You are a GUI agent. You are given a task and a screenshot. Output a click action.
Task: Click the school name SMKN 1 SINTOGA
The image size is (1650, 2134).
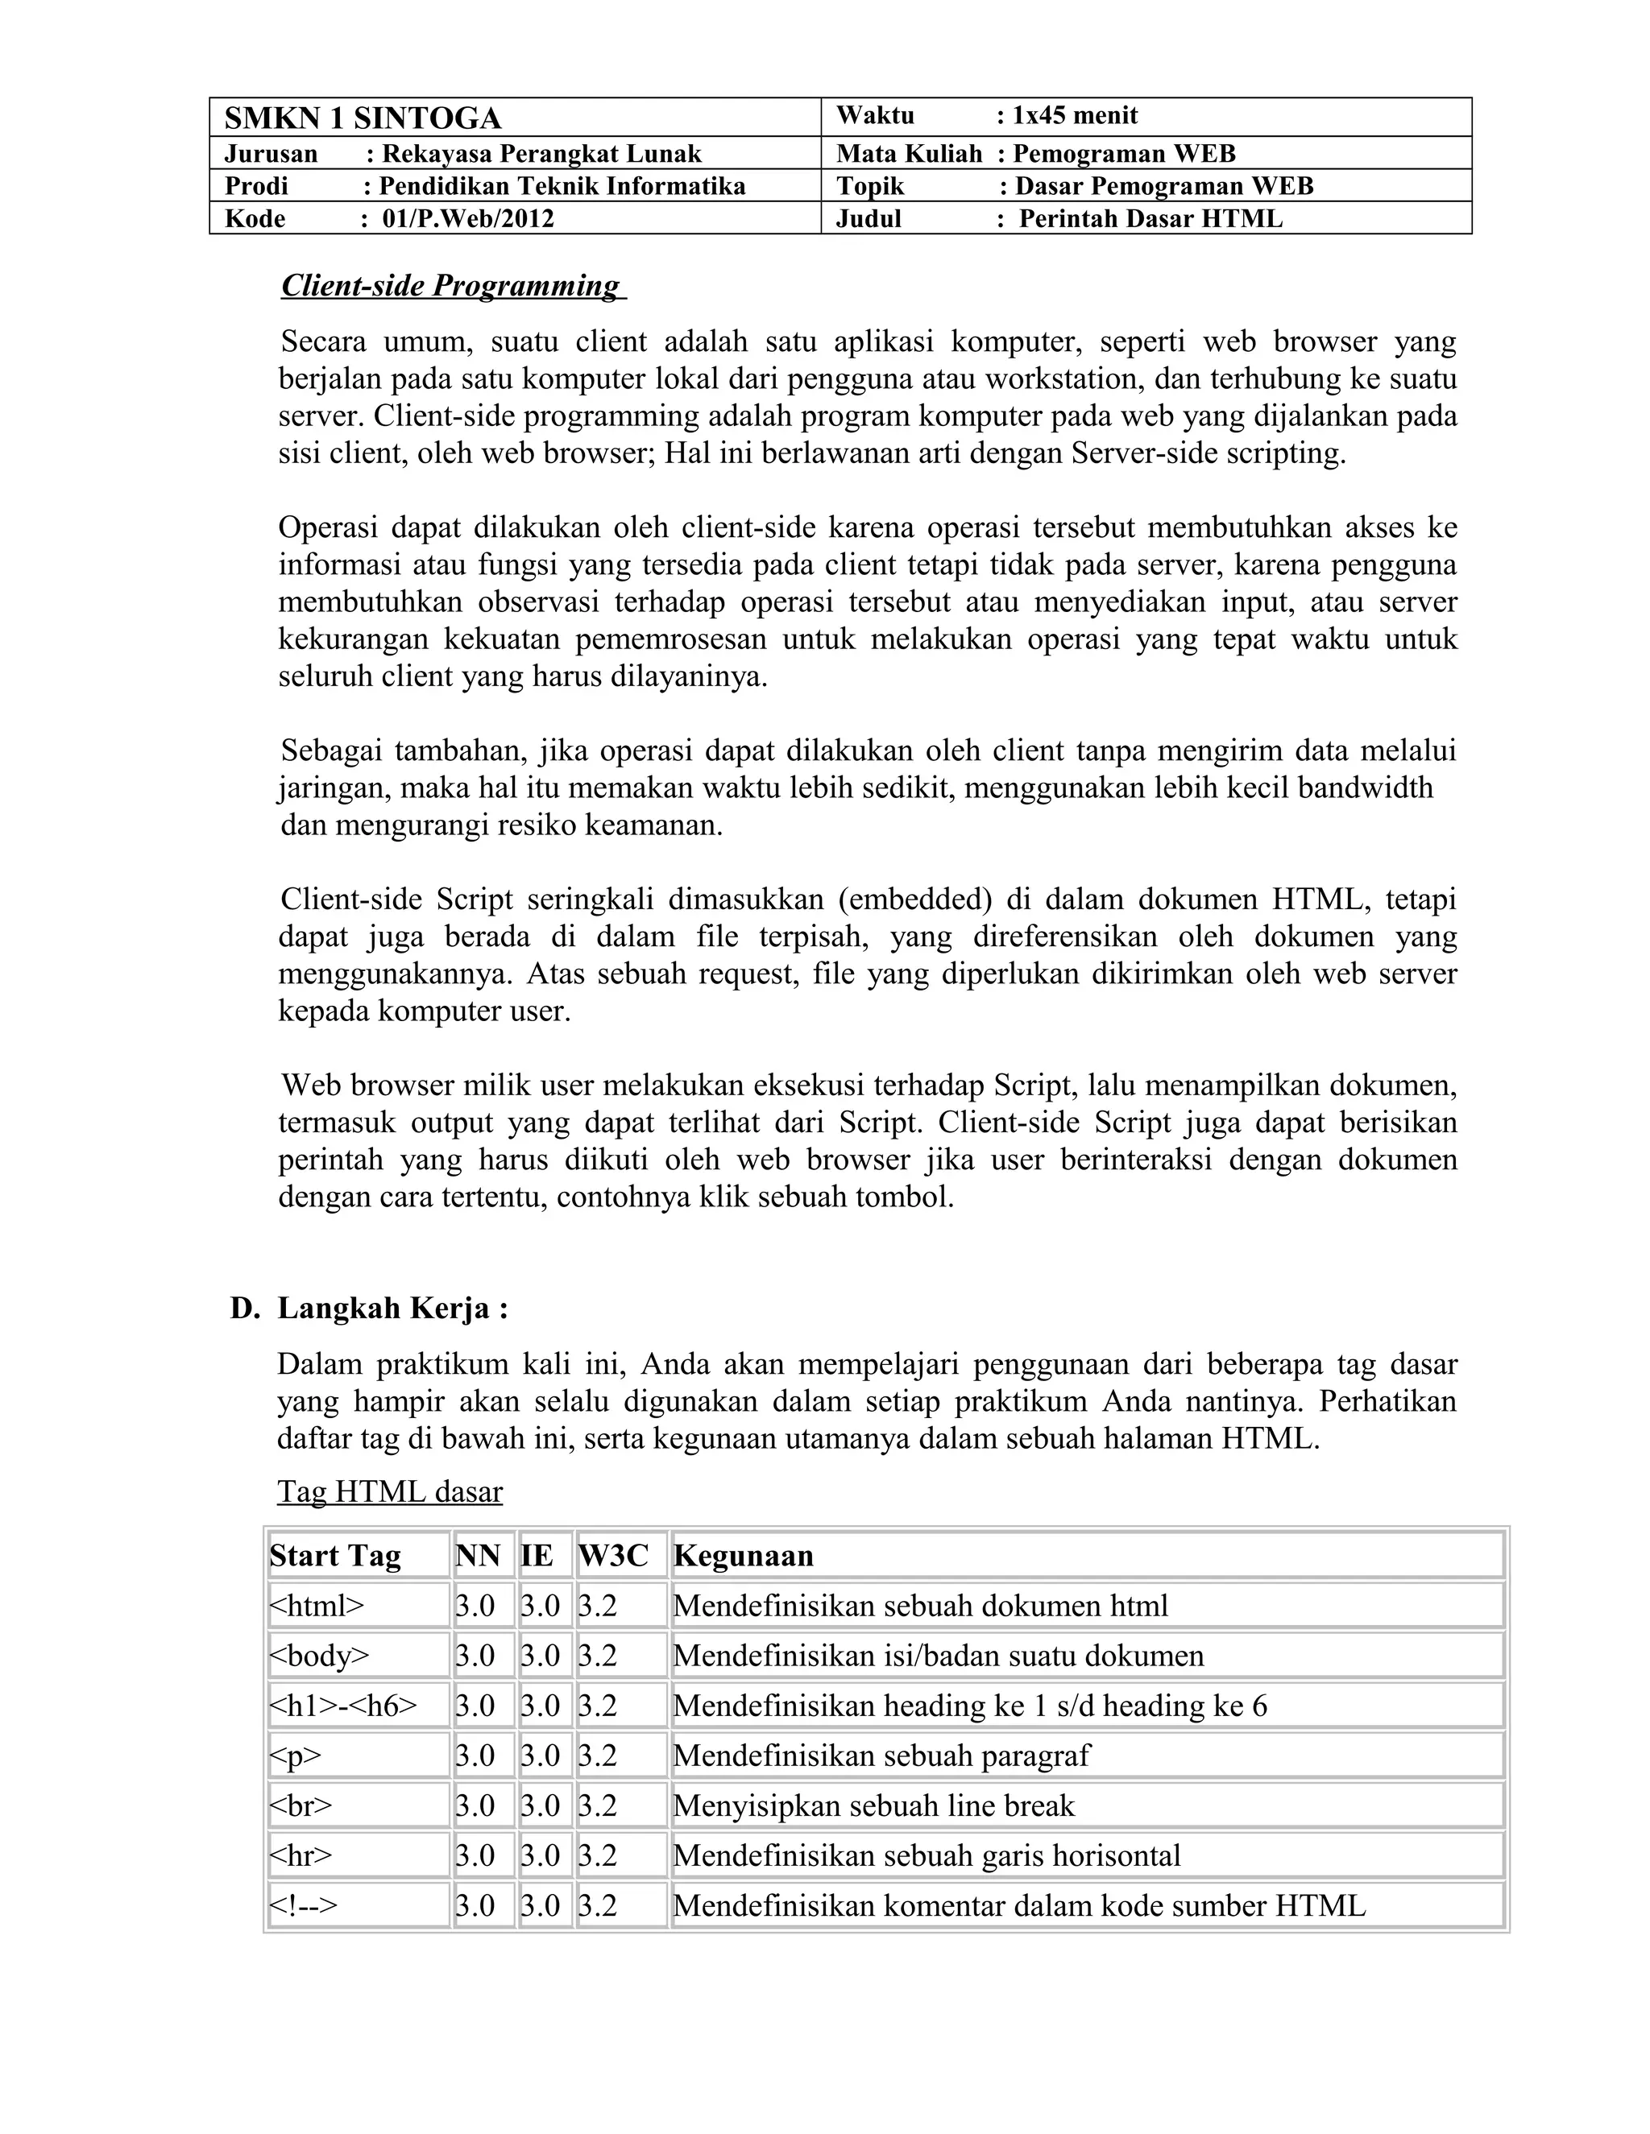362,118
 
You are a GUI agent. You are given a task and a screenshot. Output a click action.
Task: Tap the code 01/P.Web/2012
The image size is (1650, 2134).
467,219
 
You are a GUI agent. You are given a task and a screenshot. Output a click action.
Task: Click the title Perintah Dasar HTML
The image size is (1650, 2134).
1150,219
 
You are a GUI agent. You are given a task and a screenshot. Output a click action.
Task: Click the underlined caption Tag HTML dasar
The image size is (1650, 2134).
390,1491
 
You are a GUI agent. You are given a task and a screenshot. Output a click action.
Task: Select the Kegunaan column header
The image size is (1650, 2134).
743,1556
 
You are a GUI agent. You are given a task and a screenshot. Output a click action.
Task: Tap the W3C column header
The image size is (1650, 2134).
613,1556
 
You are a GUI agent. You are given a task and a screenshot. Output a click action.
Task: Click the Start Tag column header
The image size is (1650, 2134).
335,1556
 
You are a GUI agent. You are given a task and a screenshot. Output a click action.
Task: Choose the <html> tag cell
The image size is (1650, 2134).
317,1606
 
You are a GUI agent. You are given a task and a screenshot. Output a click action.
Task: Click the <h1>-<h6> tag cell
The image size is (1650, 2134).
343,1705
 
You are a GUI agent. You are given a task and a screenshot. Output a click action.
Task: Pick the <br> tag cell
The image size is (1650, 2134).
301,1805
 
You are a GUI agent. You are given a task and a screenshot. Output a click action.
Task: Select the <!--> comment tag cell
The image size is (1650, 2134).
303,1905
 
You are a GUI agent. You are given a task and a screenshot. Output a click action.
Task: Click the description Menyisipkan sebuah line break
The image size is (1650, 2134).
873,1805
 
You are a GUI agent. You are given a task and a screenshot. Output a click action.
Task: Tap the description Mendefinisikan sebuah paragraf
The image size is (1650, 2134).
881,1755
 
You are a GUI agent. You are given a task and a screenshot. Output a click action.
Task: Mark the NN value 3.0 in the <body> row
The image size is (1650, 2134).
475,1655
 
